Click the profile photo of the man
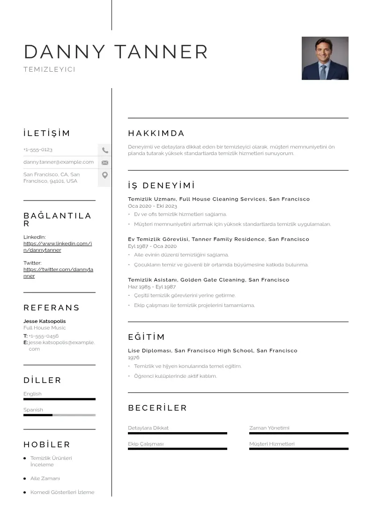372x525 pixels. (325, 58)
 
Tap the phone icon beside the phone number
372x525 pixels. (105, 150)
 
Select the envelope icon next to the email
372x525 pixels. (105, 163)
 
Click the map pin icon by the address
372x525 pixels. (105, 175)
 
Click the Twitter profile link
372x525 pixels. (58, 272)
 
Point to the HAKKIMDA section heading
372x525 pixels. (156, 134)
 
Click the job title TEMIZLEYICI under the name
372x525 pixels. (49, 69)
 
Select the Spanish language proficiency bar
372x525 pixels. (60, 415)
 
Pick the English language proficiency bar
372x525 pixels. (60, 399)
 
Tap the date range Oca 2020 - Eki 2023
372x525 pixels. (152, 206)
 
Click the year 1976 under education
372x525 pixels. (134, 357)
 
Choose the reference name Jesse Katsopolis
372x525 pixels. (45, 321)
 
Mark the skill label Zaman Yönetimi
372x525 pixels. (269, 427)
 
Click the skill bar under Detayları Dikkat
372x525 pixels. (177, 433)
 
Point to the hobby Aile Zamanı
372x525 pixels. (45, 479)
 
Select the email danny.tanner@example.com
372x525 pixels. (59, 162)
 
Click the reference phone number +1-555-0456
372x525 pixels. (44, 336)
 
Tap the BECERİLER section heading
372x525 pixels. (157, 408)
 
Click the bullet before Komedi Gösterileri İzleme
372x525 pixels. (24, 492)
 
